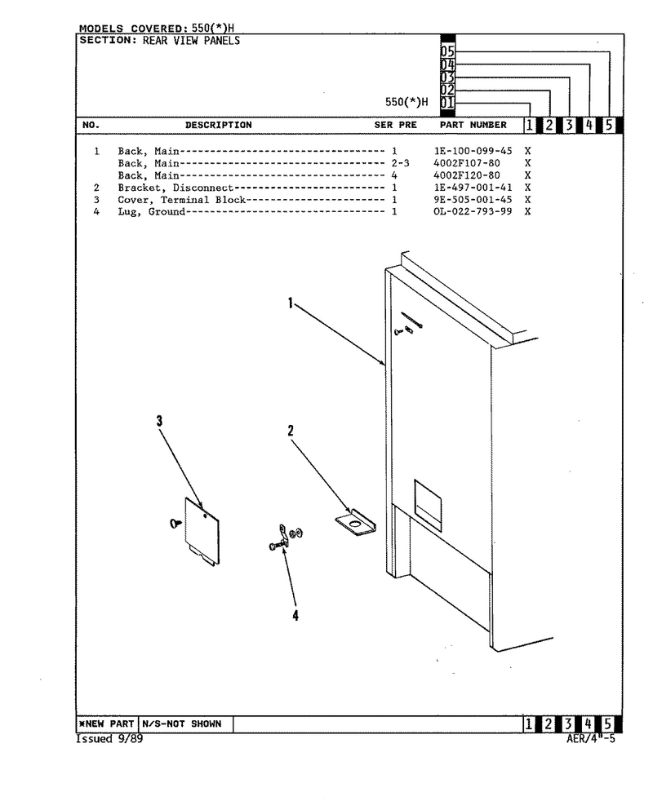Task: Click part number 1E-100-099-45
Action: [473, 151]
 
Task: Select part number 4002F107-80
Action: [467, 163]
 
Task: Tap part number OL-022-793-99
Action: [473, 211]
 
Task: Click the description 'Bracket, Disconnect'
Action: [175, 188]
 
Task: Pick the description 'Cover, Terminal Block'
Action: [181, 200]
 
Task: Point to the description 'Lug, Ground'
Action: [151, 212]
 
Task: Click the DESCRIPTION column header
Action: [219, 125]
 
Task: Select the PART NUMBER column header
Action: [473, 125]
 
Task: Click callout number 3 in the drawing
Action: [159, 421]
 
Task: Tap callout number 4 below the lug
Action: [295, 616]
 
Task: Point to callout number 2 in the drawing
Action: [291, 431]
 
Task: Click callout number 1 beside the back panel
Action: [291, 303]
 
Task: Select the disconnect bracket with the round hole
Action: [355, 523]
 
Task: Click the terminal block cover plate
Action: [202, 531]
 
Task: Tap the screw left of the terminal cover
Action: [175, 523]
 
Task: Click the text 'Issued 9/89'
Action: [109, 739]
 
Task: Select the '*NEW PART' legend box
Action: [108, 724]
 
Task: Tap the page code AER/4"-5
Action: [591, 739]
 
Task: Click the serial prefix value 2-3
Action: [401, 163]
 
